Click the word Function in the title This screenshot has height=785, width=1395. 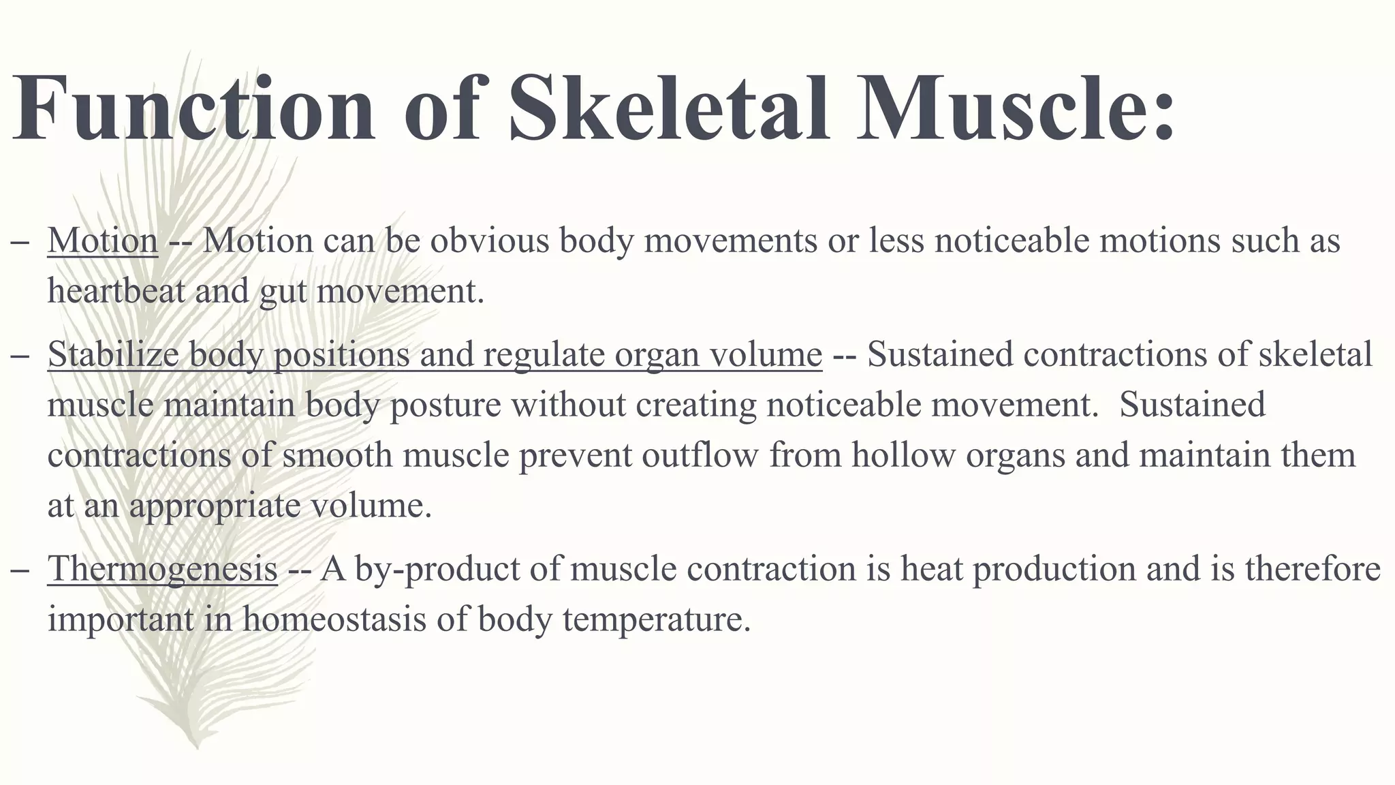coord(193,109)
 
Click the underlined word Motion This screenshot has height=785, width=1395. coord(103,241)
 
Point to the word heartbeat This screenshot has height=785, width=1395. coord(116,291)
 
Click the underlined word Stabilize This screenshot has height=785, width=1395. coord(114,354)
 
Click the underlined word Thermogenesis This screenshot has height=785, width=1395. coord(162,569)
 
